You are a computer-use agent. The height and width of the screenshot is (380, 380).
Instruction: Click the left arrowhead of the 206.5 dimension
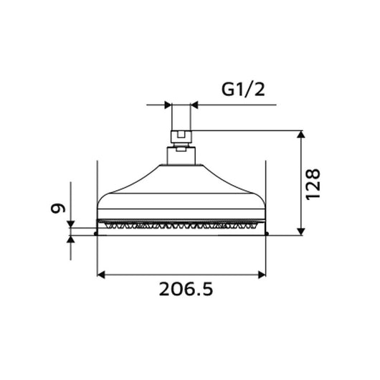point(101,274)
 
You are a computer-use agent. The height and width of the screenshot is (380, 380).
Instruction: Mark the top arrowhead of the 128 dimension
point(301,136)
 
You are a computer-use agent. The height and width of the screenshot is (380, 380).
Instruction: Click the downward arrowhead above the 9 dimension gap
point(71,224)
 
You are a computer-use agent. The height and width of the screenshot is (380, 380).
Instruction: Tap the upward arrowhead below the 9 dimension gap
point(71,239)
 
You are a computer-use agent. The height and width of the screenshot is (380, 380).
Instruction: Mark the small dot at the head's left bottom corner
point(97,233)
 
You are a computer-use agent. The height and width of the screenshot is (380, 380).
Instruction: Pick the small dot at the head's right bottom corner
point(265,233)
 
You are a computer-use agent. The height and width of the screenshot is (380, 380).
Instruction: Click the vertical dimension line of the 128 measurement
point(301,182)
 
